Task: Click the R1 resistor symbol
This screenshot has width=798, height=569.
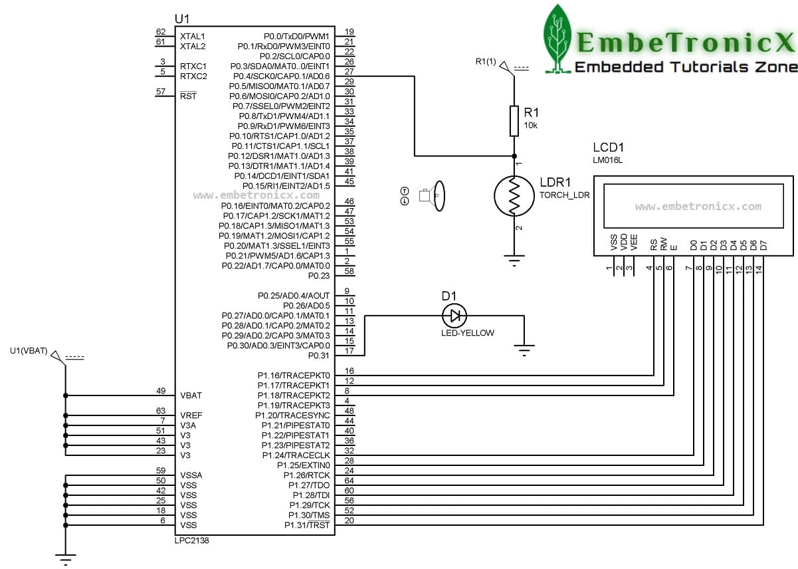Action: tap(514, 121)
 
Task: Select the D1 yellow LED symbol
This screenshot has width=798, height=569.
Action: tap(454, 316)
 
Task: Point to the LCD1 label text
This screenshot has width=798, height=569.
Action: tap(608, 147)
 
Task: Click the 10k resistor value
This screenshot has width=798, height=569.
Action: tap(530, 126)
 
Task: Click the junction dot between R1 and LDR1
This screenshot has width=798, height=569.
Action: tap(514, 156)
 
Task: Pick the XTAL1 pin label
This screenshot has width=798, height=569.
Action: tap(193, 37)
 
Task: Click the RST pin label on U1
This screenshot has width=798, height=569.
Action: tap(188, 96)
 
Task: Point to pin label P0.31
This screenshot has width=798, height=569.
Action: tap(319, 356)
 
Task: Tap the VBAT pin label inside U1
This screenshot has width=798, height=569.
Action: tap(191, 396)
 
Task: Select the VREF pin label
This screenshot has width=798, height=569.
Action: tap(191, 415)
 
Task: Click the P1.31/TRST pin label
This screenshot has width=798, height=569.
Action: tap(307, 525)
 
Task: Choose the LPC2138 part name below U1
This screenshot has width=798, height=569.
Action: tap(191, 540)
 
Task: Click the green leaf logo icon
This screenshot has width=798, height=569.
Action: tap(557, 39)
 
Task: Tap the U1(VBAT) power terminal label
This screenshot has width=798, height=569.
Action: tap(29, 351)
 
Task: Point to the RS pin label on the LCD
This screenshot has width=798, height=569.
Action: tap(653, 245)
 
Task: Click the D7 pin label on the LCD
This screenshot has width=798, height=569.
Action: tap(763, 245)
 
